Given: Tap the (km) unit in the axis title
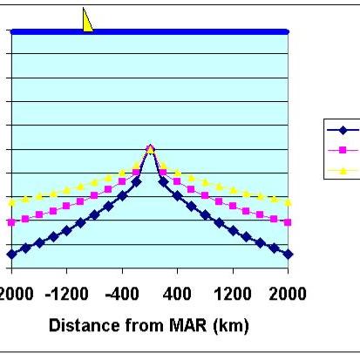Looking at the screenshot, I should (229, 326).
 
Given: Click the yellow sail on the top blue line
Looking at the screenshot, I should (86, 20).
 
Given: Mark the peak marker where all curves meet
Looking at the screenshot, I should (150, 149).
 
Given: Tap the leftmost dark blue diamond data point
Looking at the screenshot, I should (11, 254).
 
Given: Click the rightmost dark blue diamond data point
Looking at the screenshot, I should (289, 254).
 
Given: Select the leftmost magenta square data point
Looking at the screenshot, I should (11, 222).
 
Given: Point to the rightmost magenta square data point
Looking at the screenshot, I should (289, 222).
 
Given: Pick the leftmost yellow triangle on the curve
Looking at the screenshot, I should (11, 201).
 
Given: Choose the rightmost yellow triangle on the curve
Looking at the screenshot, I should (289, 201).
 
